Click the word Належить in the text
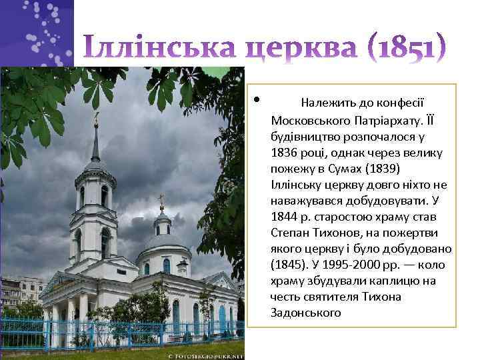[327, 103]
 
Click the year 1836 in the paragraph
[283, 153]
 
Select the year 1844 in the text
[283, 217]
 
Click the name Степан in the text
[290, 233]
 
